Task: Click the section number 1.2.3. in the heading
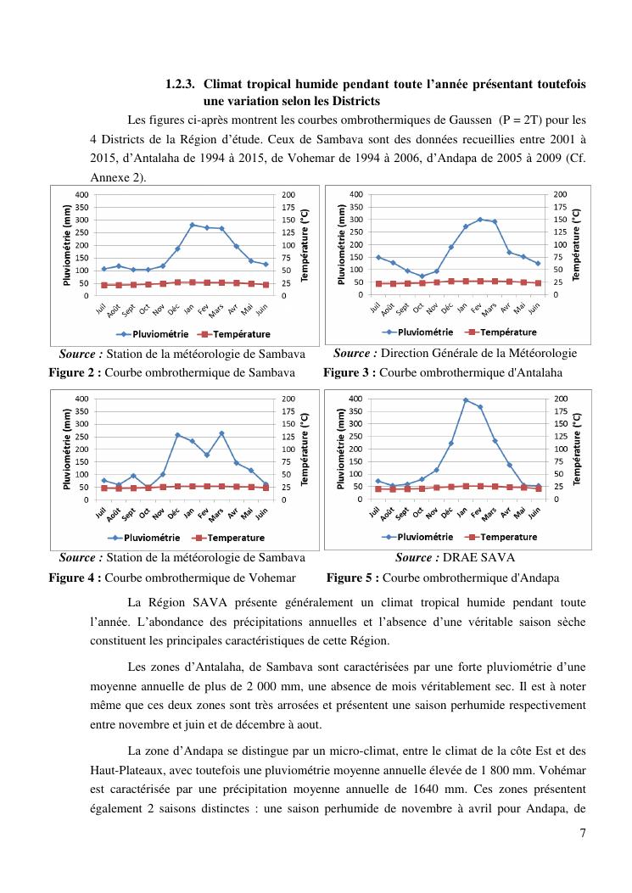180,85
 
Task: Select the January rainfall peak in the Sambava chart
192,225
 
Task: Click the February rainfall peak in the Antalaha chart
480,219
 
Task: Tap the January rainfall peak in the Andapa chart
466,399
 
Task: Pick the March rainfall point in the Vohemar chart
221,433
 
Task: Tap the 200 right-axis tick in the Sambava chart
289,195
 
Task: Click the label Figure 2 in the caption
75,372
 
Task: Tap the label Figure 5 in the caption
352,578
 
